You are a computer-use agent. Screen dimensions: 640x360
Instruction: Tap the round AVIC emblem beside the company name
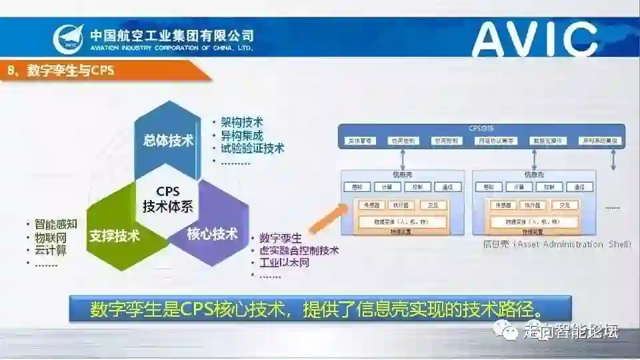[x=69, y=39]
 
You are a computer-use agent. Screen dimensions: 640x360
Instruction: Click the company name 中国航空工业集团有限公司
[x=171, y=35]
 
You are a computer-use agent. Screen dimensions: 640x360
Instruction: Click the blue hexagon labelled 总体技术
[x=168, y=141]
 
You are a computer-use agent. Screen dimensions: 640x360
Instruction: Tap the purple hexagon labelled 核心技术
[x=212, y=234]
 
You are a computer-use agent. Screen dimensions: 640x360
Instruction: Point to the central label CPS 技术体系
[x=167, y=199]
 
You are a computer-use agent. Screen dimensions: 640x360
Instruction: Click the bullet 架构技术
[x=242, y=123]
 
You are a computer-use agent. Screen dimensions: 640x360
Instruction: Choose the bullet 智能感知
[x=56, y=224]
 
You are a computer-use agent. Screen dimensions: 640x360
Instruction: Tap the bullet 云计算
[x=51, y=250]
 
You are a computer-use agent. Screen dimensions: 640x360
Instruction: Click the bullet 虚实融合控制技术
[x=299, y=251]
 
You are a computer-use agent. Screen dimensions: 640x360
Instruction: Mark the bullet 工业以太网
[x=284, y=263]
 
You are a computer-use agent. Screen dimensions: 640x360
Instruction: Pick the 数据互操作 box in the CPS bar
[x=548, y=141]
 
